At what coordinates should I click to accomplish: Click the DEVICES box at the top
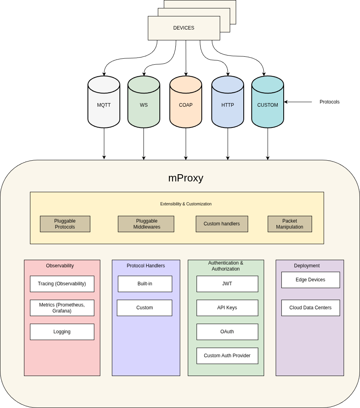click(184, 28)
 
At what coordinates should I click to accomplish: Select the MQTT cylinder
click(104, 105)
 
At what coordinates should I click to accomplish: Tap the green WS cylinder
click(144, 105)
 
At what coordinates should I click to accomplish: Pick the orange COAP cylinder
click(186, 105)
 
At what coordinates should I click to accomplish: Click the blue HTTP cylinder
click(228, 105)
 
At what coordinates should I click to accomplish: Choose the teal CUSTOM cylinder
click(268, 105)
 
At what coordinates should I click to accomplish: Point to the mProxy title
click(186, 178)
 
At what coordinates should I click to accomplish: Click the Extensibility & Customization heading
click(186, 204)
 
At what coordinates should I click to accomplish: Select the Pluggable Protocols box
click(65, 224)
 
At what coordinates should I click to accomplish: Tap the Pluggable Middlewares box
click(146, 224)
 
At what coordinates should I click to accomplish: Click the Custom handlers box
click(222, 224)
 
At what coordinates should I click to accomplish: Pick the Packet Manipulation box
click(290, 224)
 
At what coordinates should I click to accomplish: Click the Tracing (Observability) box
click(62, 284)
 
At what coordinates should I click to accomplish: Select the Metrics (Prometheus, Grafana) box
click(62, 308)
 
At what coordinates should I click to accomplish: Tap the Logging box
click(62, 332)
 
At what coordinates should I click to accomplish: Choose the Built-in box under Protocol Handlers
click(145, 284)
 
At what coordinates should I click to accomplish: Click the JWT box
click(227, 284)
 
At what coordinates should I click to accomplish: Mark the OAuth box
click(227, 332)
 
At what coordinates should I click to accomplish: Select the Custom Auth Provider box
click(227, 356)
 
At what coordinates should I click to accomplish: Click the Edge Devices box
click(310, 280)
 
